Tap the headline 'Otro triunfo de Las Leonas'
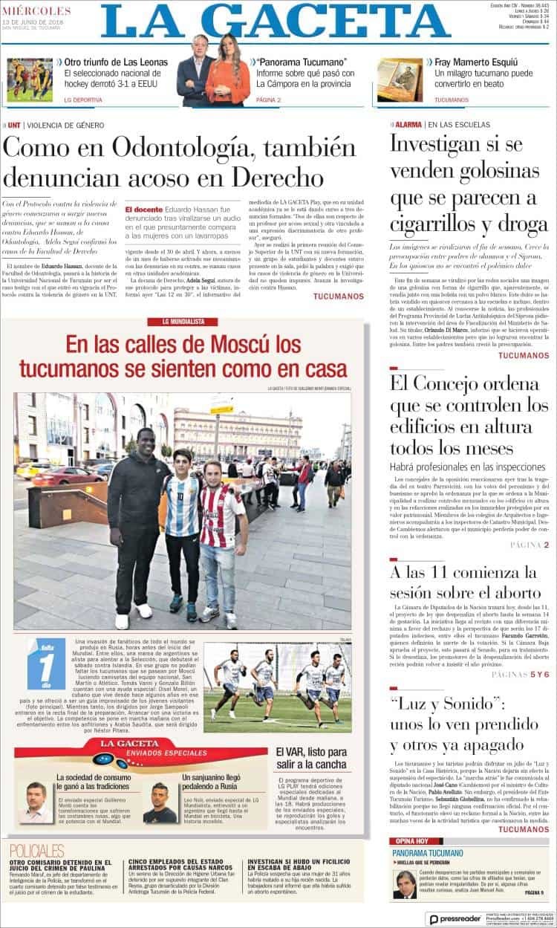coord(116,62)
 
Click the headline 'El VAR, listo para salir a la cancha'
coord(310,758)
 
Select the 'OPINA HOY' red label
coord(410,840)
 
